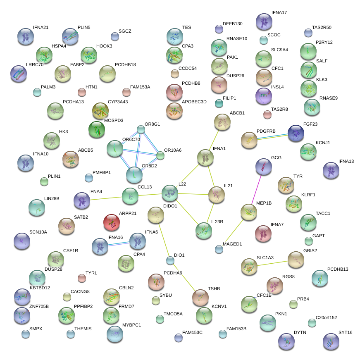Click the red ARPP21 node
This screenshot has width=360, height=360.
111,222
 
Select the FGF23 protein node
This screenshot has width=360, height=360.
296,133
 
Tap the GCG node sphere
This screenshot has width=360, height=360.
264,166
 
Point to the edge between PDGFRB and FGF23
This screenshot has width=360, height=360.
272,137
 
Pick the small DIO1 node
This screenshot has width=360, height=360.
170,260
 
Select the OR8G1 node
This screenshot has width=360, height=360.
141,129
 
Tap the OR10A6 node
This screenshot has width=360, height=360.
160,155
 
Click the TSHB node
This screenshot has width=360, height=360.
200,297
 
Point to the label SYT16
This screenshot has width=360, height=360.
345,332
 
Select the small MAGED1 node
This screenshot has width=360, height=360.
219,249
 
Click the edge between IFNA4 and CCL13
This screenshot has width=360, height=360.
106,198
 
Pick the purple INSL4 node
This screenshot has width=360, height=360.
264,96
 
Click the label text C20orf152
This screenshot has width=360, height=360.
326,317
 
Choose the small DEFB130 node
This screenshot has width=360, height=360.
219,29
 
